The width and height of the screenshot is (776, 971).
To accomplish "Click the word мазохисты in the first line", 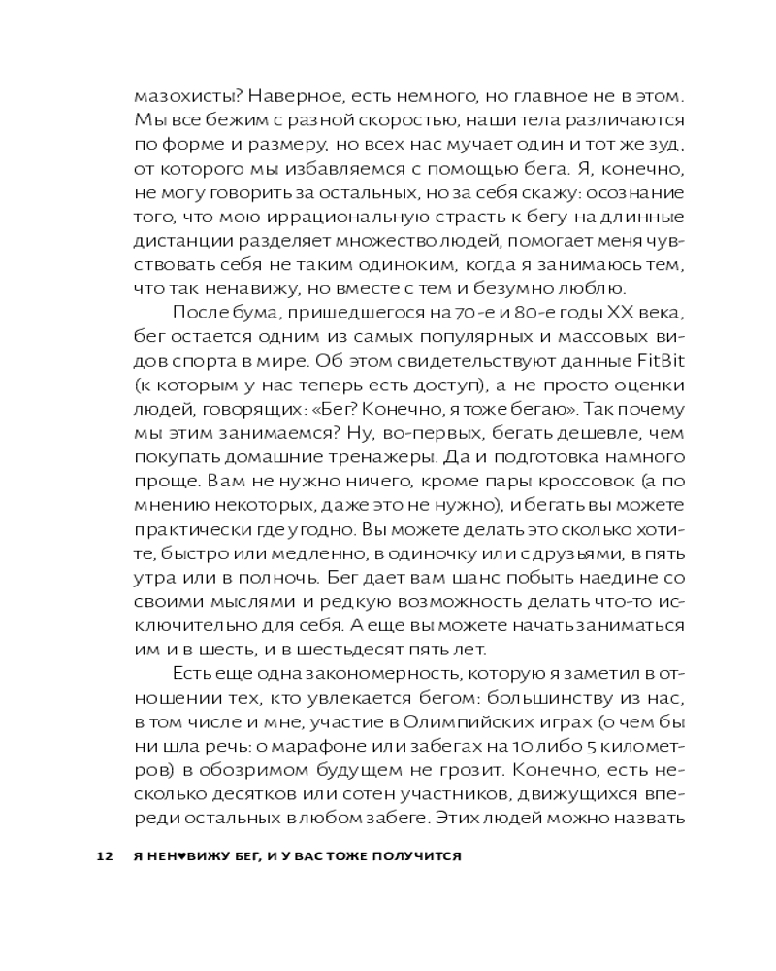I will tap(178, 97).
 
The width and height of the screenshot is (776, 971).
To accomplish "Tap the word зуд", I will tap(669, 146).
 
